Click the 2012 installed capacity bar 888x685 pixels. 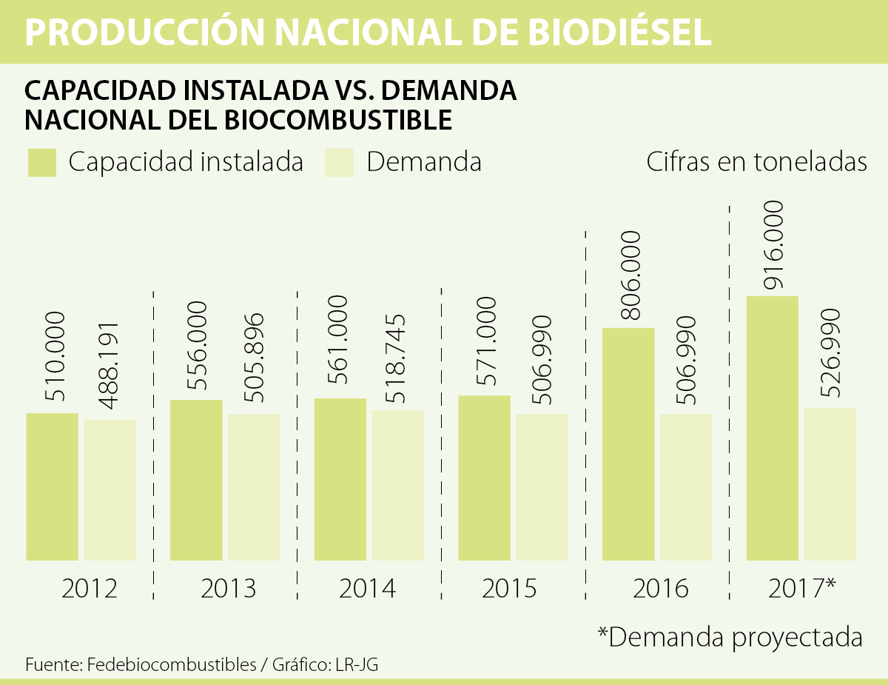coord(52,487)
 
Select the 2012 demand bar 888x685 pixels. coord(110,489)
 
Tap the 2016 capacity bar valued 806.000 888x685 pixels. coord(628,444)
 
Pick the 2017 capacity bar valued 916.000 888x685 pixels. coord(772,428)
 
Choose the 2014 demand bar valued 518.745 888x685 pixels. coord(398,485)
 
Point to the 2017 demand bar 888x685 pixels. coord(830,484)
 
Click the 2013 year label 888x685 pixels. coord(228,589)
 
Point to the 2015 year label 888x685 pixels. coord(509,589)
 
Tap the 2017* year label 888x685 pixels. coord(802,588)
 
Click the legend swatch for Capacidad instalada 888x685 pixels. coord(42,163)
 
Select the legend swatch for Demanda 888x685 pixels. coord(339,163)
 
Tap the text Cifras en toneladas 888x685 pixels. coord(756,162)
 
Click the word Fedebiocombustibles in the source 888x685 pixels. coord(171,664)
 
